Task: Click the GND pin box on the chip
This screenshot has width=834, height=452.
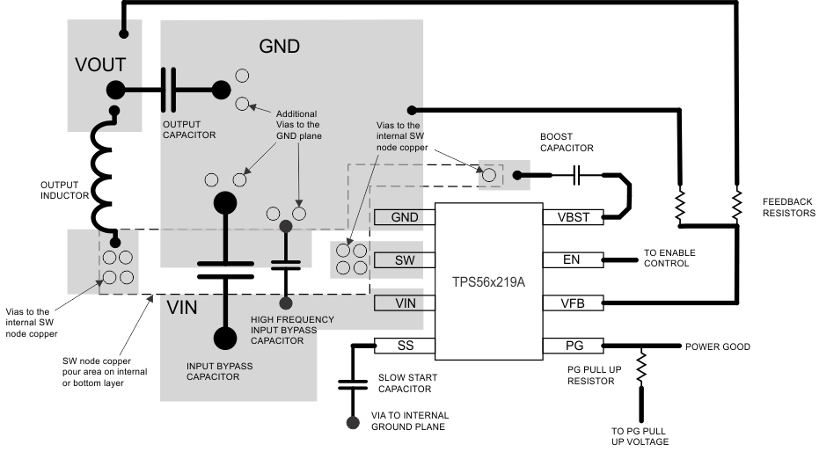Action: pyautogui.click(x=405, y=217)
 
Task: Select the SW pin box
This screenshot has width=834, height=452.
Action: pyautogui.click(x=405, y=260)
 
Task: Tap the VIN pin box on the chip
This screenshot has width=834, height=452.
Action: pyautogui.click(x=405, y=303)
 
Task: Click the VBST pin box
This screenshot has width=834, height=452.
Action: pyautogui.click(x=572, y=217)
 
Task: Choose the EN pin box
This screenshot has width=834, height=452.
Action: pyautogui.click(x=572, y=260)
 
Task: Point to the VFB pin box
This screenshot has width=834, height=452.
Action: pyautogui.click(x=572, y=303)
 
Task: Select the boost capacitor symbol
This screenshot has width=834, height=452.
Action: pyautogui.click(x=576, y=176)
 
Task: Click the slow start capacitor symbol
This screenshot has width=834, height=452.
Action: pyautogui.click(x=354, y=383)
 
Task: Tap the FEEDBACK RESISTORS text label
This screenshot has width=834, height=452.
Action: pyautogui.click(x=788, y=208)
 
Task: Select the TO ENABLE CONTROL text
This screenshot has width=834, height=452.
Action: pyautogui.click(x=669, y=259)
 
